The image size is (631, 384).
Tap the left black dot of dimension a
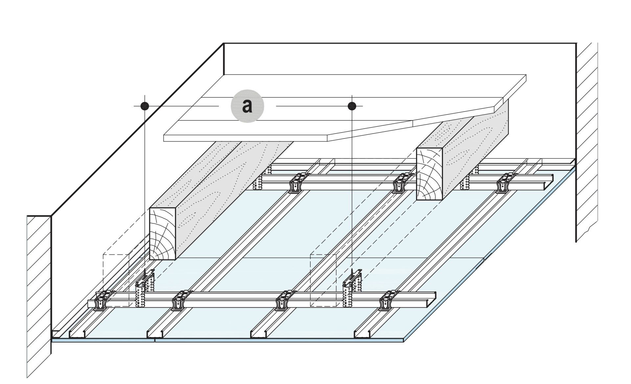tap(145, 106)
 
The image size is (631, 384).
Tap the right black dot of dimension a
tap(352, 106)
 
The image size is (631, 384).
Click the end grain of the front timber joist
tap(163, 233)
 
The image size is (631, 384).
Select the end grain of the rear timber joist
tap(429, 174)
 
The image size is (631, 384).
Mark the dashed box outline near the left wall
tap(116, 280)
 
